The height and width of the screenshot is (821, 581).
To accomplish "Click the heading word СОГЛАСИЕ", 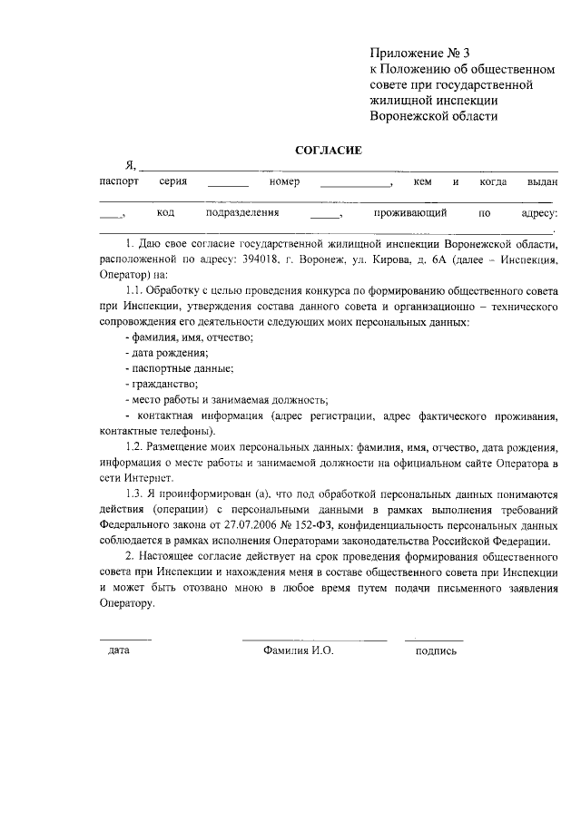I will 328,150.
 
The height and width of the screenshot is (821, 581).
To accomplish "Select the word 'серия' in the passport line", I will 172,181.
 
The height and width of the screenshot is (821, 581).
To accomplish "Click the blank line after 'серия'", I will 227,185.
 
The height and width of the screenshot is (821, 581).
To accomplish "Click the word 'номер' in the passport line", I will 284,181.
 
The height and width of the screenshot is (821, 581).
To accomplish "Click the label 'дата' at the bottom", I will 118,650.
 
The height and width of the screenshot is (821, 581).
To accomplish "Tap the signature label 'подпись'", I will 436,650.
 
